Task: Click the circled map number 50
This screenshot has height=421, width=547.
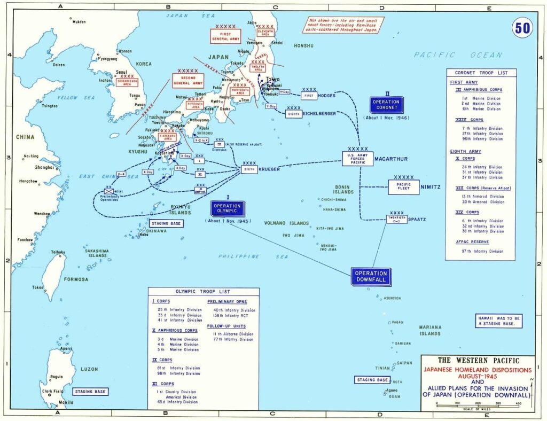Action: point(522,28)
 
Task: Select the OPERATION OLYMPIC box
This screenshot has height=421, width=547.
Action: point(227,208)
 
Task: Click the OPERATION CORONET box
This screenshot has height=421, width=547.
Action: point(386,105)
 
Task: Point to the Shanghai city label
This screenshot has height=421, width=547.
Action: point(44,167)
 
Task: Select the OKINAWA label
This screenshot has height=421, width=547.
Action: point(157,231)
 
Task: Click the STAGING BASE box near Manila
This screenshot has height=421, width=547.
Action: point(90,392)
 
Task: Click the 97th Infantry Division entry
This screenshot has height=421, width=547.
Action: point(483,251)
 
